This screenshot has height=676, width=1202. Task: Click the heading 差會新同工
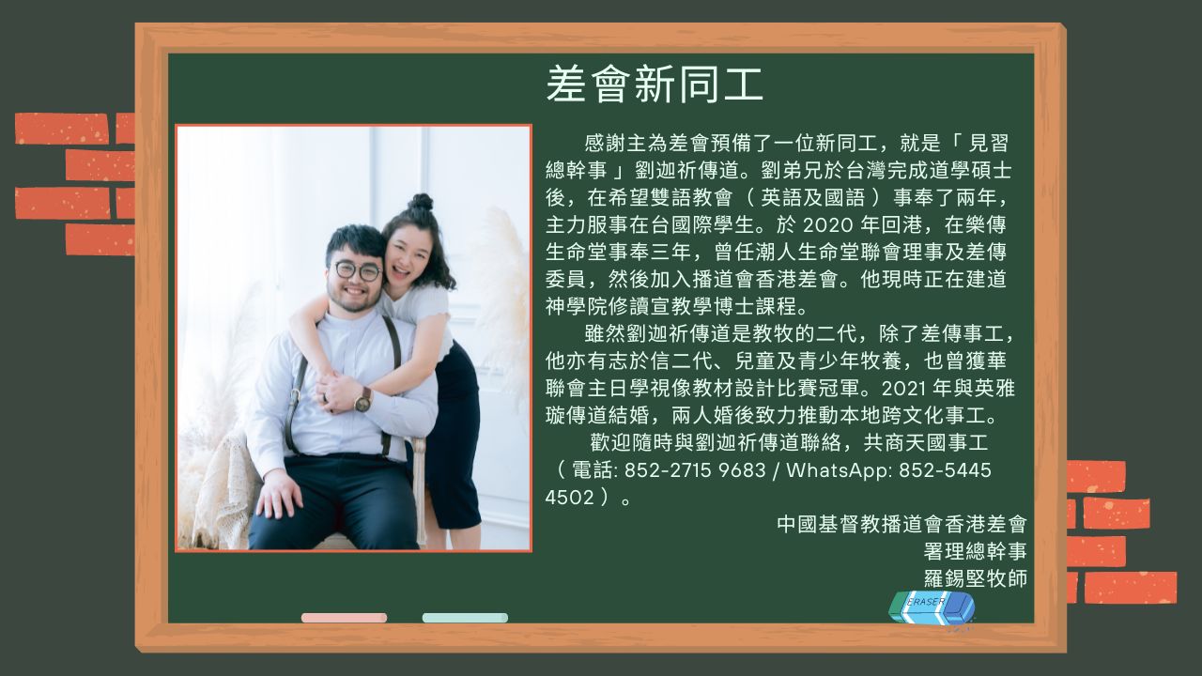pos(655,84)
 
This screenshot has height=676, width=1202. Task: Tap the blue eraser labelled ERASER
pos(932,607)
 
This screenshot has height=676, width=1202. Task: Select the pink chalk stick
pos(344,618)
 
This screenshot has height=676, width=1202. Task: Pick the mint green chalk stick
pos(465,618)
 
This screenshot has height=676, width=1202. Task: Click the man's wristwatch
pos(363,400)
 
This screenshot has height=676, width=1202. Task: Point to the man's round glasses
pos(358,271)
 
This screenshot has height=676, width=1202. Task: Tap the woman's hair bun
pos(422,202)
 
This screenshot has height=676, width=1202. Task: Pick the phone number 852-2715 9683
pos(695,470)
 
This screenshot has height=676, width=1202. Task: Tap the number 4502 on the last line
pos(569,498)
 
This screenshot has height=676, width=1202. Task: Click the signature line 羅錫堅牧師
pos(975,578)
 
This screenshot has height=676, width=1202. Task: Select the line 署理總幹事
pos(975,551)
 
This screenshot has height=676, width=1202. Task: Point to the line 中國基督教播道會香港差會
pos(901,524)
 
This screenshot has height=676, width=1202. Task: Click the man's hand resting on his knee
pos(279,494)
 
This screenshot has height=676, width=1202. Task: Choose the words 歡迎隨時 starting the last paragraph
pos(632,442)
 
